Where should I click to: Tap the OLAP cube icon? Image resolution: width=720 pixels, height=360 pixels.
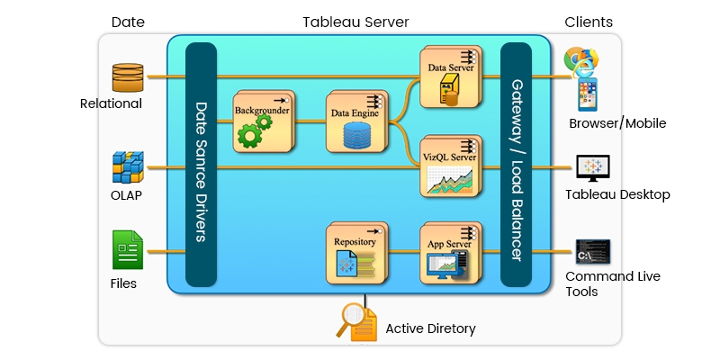click(x=128, y=167)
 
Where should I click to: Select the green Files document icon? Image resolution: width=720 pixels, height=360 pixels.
click(x=127, y=249)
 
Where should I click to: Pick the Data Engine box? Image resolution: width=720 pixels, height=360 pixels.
click(x=355, y=122)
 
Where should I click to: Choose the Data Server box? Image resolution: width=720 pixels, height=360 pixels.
click(x=449, y=76)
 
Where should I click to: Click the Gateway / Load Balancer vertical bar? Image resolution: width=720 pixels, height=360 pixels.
click(x=516, y=165)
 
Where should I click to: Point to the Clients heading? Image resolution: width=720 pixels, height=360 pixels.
click(x=589, y=22)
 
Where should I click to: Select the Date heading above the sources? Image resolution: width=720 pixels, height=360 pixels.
click(x=127, y=22)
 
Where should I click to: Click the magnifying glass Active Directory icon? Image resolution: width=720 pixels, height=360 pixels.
click(x=354, y=321)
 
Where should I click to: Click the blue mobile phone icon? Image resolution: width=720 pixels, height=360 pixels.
click(x=587, y=95)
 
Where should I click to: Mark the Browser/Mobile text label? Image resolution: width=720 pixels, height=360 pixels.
click(x=617, y=123)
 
